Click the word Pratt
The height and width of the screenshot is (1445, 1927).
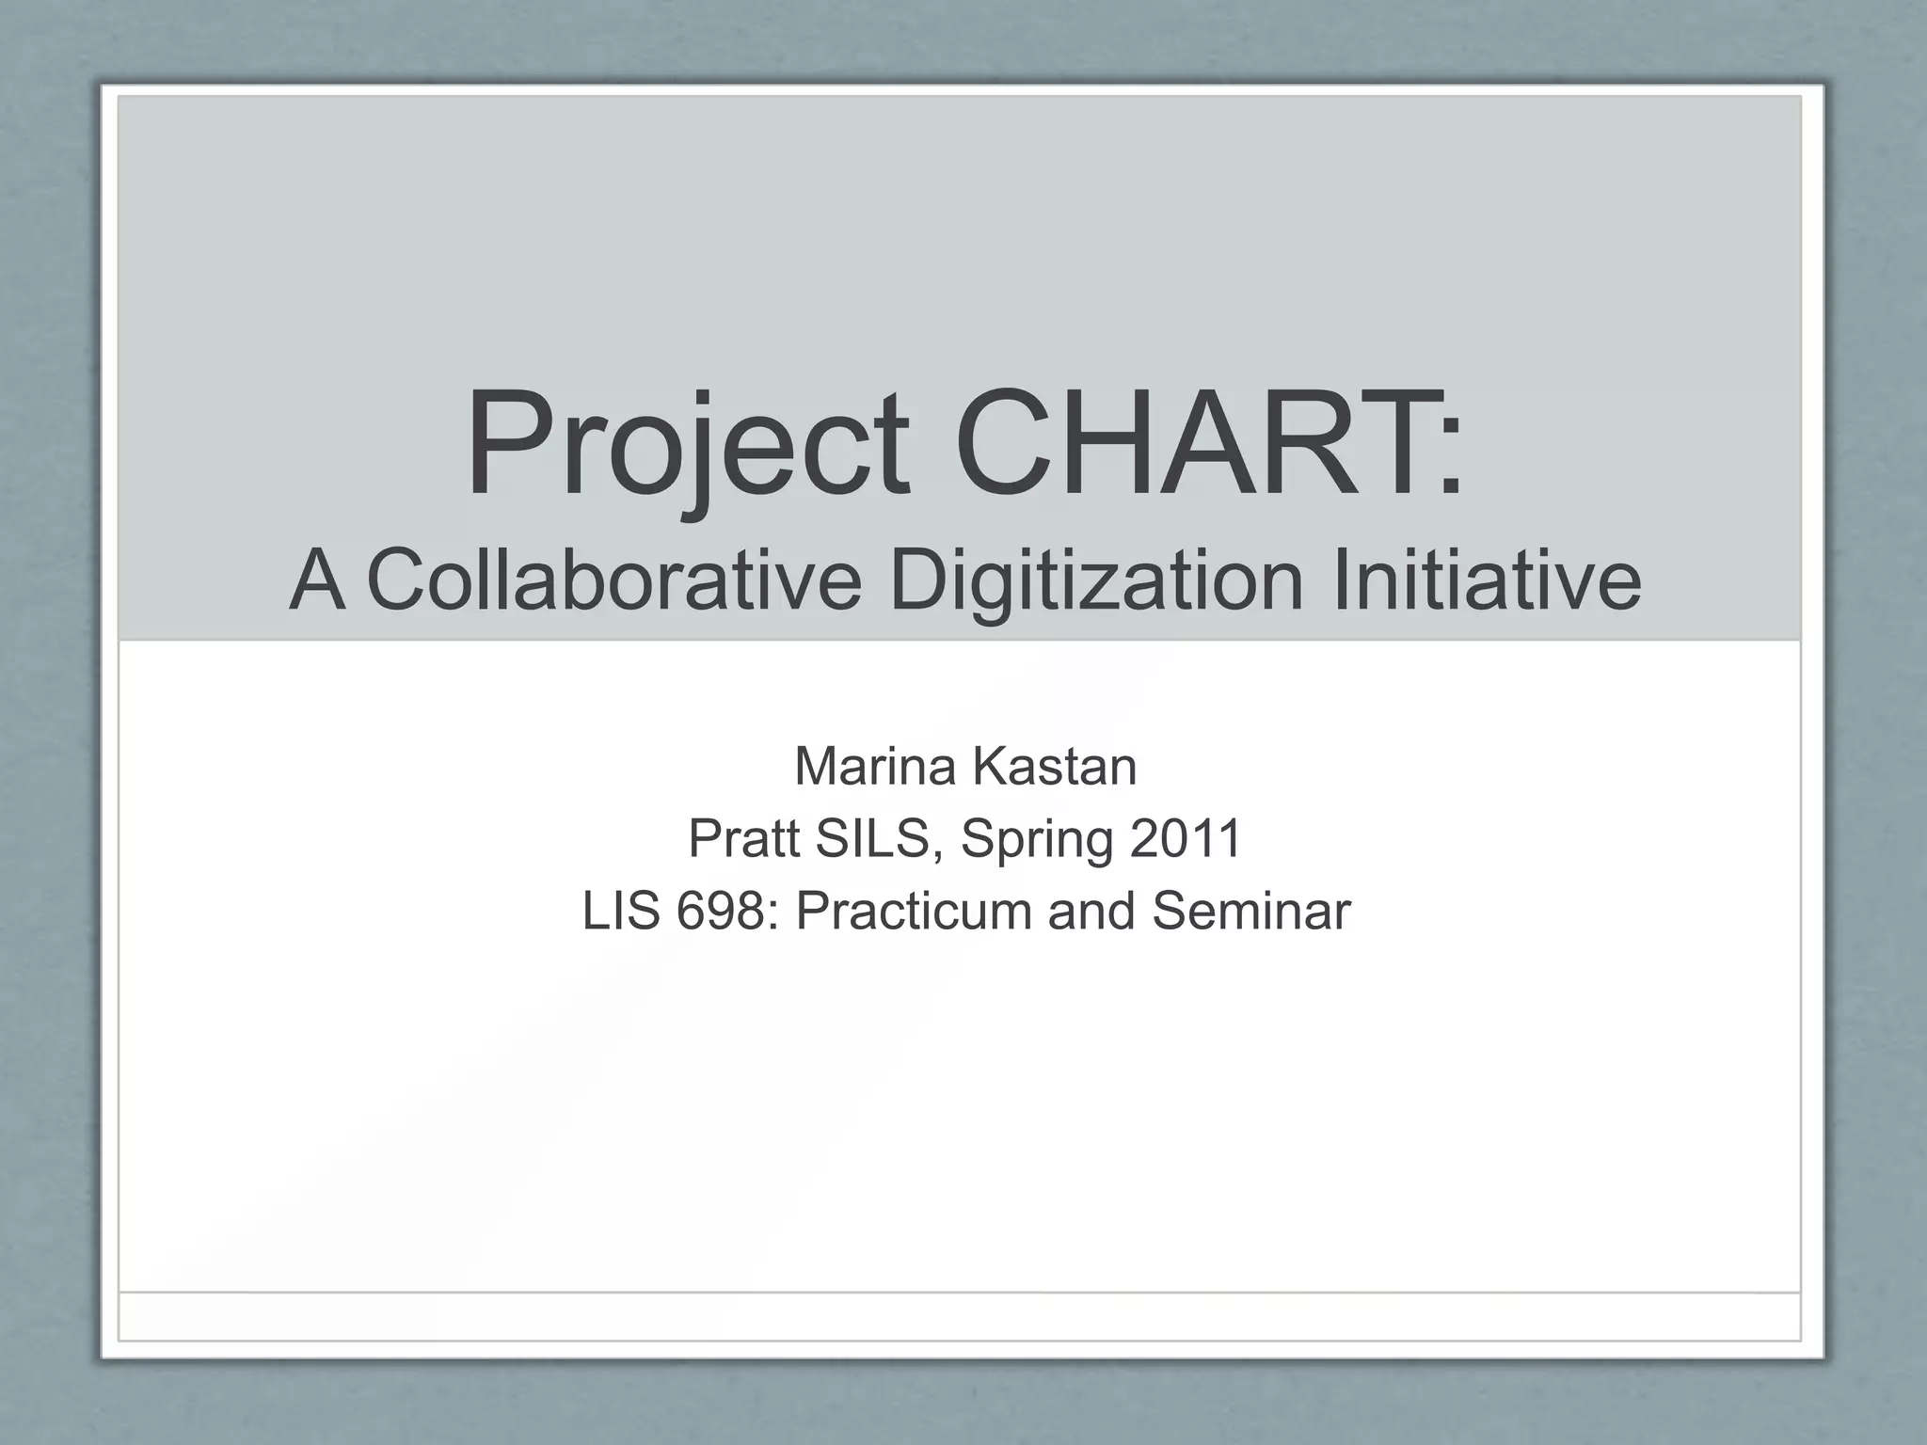tap(742, 838)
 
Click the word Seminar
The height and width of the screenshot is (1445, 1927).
tap(1250, 911)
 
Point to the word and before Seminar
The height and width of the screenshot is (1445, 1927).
tap(1091, 911)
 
